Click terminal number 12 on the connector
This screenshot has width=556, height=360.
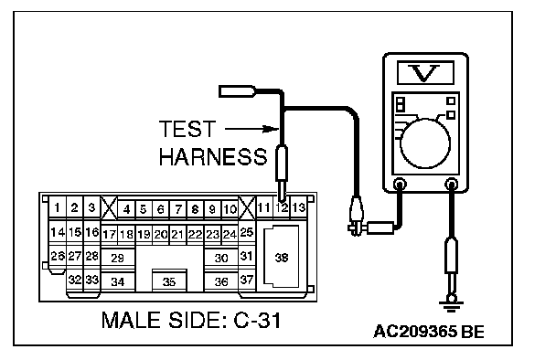click(x=282, y=207)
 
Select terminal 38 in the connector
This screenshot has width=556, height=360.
click(x=281, y=257)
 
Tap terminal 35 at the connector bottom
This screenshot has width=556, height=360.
click(x=169, y=281)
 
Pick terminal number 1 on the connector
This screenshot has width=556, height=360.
click(x=57, y=207)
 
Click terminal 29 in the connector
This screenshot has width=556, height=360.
click(x=118, y=258)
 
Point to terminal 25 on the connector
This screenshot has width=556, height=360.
click(x=247, y=232)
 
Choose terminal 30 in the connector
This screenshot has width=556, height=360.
click(x=221, y=258)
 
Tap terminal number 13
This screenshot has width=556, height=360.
click(x=298, y=207)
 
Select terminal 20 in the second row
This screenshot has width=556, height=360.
click(x=161, y=234)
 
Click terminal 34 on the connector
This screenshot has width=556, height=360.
click(x=118, y=281)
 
